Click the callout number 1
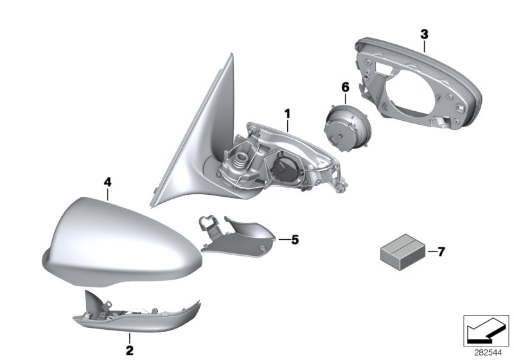coord(287,114)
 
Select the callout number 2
coord(130,350)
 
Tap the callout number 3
coord(424,34)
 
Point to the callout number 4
coord(107,182)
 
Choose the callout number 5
coord(295,240)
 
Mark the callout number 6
coord(346,87)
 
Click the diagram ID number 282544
coord(488,353)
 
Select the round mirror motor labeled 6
coord(347,127)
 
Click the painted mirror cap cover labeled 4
coord(121,241)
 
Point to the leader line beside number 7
coord(432,252)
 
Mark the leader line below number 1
coord(287,126)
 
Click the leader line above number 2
coord(130,337)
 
